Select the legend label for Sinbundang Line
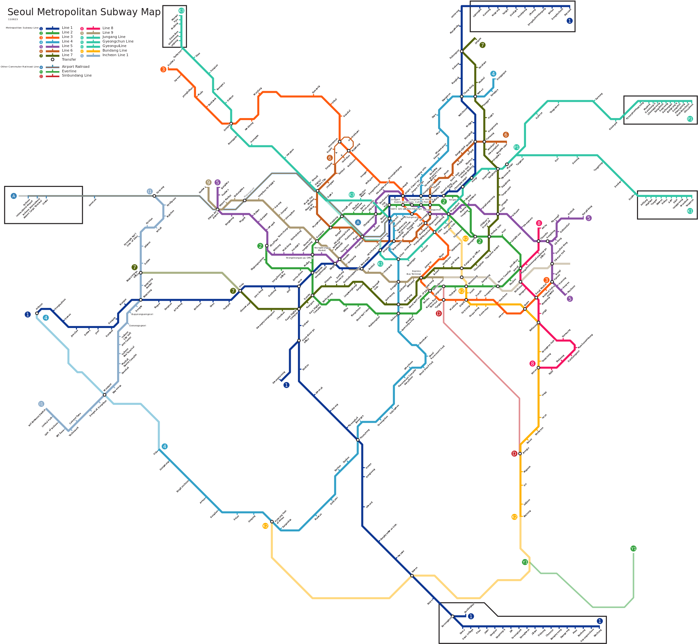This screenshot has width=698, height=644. point(77,76)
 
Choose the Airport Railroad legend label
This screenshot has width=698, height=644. point(75,67)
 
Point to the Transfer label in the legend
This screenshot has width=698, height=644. point(69,59)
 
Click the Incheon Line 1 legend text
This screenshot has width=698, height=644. point(115,55)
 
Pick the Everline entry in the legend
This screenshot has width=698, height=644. point(69,71)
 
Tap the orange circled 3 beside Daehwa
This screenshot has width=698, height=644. point(163,69)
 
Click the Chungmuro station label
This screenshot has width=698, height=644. point(411,217)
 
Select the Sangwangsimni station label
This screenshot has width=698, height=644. point(432,210)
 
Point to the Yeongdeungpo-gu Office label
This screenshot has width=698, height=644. point(299,258)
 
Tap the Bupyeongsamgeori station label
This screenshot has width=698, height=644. point(142,314)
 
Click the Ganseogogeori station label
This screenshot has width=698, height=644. point(137,326)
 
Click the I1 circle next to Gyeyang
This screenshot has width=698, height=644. point(150,191)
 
